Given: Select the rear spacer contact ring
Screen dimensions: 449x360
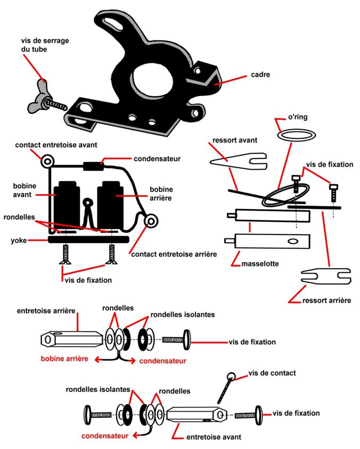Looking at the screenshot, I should pos(151,220).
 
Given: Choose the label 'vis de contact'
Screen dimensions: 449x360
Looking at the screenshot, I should pos(272,373).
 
